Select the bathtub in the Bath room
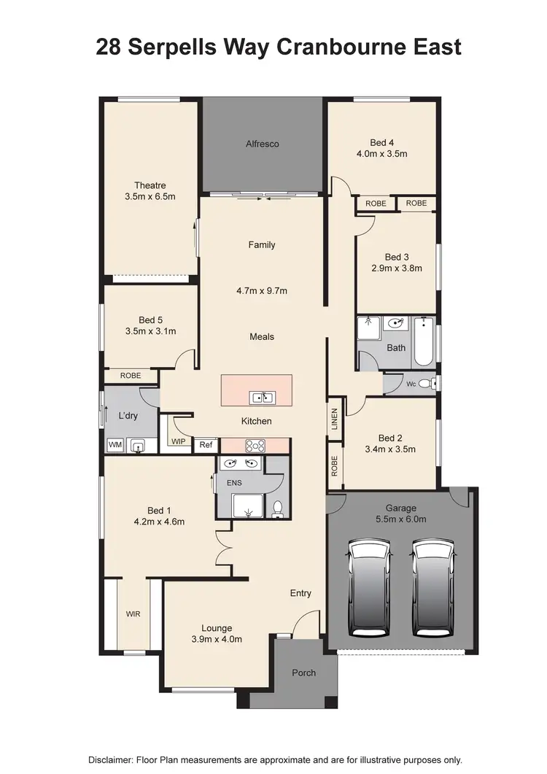tap(424, 342)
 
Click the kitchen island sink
tap(262, 398)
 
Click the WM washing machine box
tap(115, 444)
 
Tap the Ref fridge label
tap(205, 445)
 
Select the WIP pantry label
tap(179, 441)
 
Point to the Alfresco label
tap(262, 144)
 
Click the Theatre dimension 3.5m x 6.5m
tap(150, 196)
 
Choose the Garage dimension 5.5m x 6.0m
tap(400, 519)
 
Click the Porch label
tap(303, 672)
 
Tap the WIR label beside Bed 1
tap(133, 614)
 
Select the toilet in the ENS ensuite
tap(277, 508)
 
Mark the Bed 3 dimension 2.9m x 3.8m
tap(396, 268)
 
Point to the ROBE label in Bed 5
tap(131, 375)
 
